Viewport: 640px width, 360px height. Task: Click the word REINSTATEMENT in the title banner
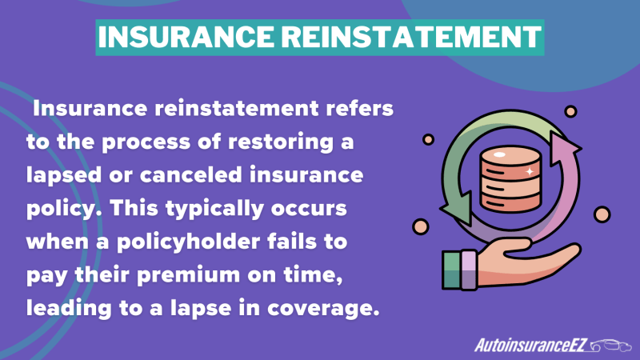(x=411, y=37)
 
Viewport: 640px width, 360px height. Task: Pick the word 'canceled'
(x=191, y=175)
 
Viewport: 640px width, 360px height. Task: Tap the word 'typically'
(x=214, y=209)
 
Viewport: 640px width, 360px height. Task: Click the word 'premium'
(x=188, y=275)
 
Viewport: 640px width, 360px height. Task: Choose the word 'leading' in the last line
(x=69, y=309)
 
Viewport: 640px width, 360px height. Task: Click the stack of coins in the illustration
(x=510, y=179)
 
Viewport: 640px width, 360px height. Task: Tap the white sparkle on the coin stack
(x=530, y=171)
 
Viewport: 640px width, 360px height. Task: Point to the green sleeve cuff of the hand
(x=451, y=270)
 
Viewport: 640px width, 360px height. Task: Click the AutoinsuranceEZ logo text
(x=530, y=346)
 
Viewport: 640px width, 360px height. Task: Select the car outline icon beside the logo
(x=610, y=346)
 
